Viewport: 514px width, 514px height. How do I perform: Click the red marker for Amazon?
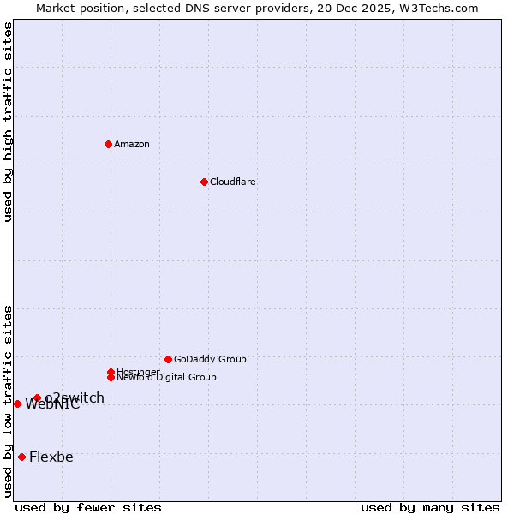[x=108, y=144]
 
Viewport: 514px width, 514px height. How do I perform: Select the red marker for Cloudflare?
[x=204, y=182]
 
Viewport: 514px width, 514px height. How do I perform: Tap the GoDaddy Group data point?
[x=168, y=359]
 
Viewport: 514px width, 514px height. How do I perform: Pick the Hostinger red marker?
[x=111, y=372]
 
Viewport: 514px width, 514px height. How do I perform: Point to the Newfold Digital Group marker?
[x=111, y=377]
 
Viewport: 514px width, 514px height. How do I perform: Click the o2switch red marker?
[x=37, y=397]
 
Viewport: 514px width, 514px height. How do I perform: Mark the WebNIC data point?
[x=17, y=403]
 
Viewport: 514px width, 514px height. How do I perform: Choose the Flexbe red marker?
[x=21, y=457]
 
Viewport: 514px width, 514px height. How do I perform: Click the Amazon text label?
[x=132, y=144]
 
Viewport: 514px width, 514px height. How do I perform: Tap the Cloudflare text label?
[x=233, y=182]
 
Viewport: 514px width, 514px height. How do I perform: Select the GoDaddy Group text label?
[x=210, y=359]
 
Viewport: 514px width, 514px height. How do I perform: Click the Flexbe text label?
[x=51, y=457]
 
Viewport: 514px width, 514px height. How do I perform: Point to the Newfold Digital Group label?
[x=167, y=378]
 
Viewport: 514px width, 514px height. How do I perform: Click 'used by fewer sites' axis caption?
[x=88, y=507]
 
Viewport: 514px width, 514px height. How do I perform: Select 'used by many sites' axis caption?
[x=430, y=507]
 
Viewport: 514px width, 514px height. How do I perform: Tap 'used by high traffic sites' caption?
[x=8, y=122]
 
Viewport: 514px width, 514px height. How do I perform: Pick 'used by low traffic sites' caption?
[x=8, y=401]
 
